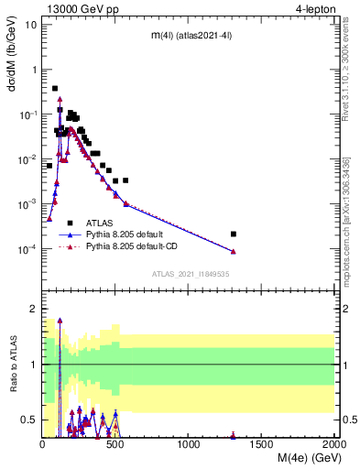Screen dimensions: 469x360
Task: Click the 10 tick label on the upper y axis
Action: (31, 24)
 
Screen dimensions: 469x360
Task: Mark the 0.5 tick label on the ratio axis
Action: (29, 420)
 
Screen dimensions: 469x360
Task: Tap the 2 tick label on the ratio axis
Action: (33, 310)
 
